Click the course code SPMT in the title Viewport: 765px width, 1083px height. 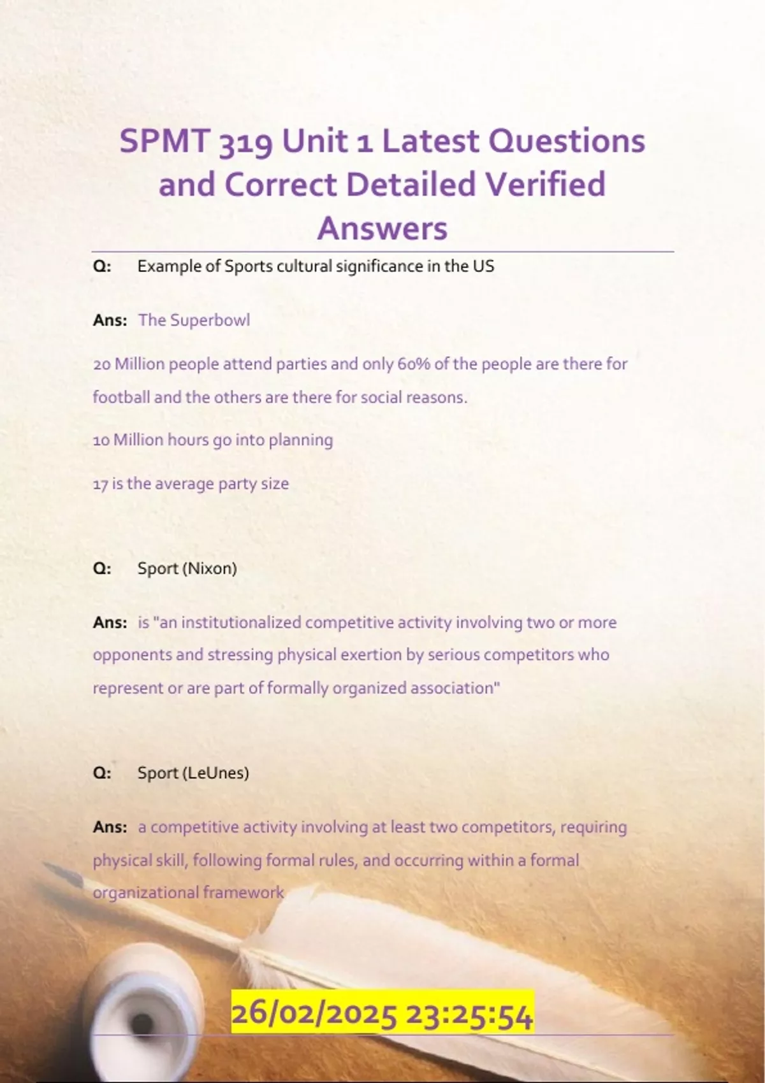click(x=165, y=141)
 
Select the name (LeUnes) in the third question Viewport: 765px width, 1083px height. click(x=215, y=773)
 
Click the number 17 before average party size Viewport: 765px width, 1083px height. click(x=100, y=484)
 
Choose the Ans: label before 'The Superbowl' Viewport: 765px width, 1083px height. click(x=110, y=320)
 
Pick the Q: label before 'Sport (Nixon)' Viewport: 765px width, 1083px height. click(x=102, y=568)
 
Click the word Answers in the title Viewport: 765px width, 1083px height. click(x=382, y=227)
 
